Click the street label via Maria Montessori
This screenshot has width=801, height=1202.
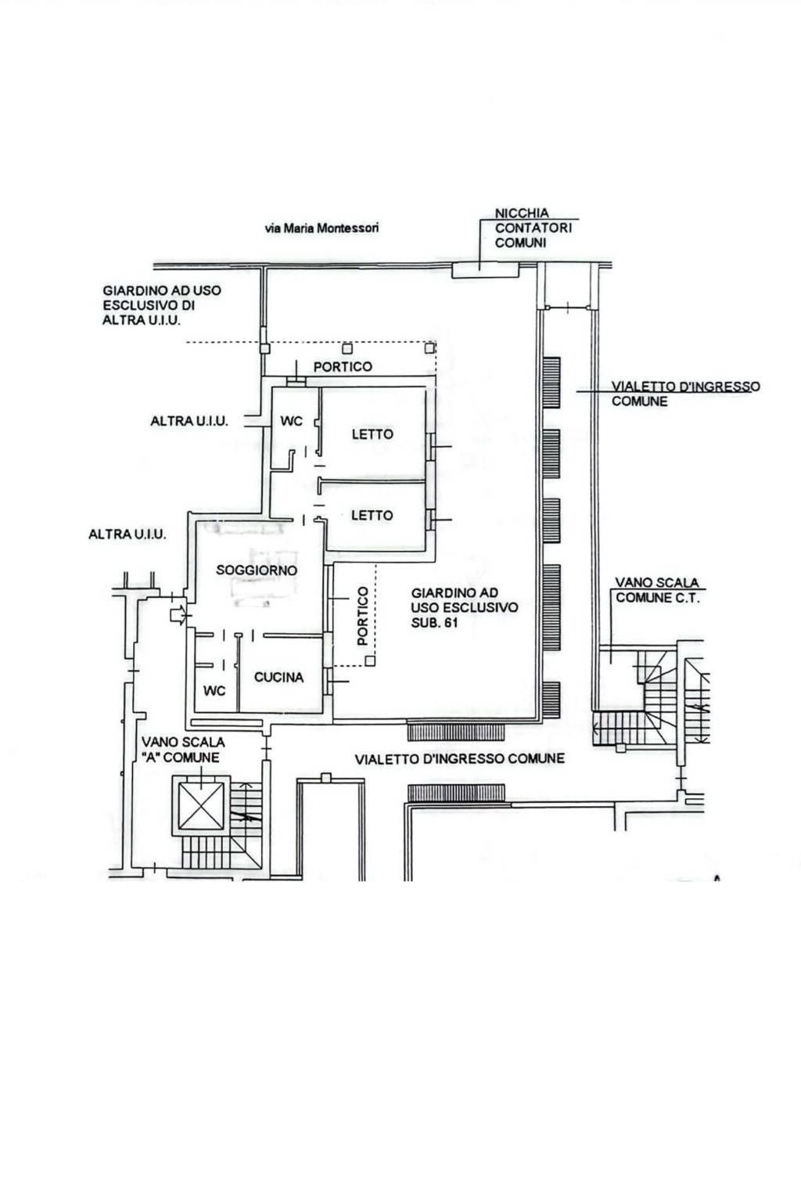coord(322,228)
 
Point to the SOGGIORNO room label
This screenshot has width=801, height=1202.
coord(257,570)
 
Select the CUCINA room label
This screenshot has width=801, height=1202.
coord(278,677)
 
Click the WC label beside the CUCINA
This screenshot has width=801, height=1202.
coord(214,691)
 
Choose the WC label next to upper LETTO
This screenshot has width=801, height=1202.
coord(291,421)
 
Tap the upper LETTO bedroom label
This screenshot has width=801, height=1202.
coord(372,434)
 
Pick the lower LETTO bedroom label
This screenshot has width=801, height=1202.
coord(372,516)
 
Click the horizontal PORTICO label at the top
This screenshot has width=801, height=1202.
coord(343,366)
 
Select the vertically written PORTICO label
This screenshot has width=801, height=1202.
coord(363,616)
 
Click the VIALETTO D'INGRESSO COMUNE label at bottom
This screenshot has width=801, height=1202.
coord(460,758)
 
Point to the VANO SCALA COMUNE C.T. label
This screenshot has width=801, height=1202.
coord(657,590)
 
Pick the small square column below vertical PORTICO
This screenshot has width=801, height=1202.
coord(370,660)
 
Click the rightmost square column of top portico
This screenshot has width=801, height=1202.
coord(429,348)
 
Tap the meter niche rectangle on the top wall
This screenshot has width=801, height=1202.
coord(485,270)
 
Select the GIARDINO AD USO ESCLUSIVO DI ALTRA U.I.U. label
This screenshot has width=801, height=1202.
coord(162,305)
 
